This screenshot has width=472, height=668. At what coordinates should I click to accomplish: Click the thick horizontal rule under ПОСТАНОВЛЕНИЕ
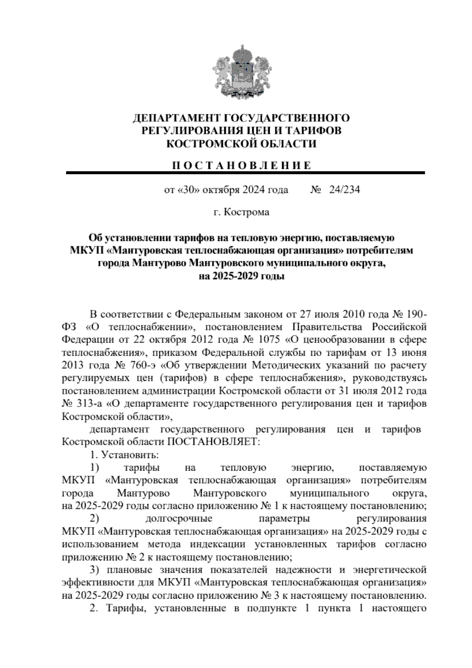[245, 173]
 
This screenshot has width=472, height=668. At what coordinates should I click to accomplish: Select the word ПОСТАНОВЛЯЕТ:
[214, 442]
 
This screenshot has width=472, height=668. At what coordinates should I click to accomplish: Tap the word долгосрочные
[179, 519]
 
